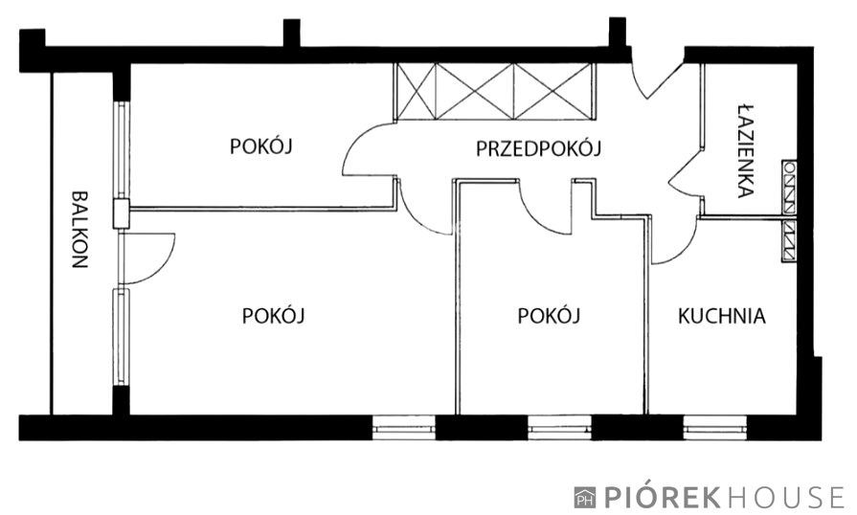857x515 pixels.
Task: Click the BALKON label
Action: point(79,231)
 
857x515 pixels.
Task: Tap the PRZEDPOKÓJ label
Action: point(537,148)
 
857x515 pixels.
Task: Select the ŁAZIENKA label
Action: point(746,150)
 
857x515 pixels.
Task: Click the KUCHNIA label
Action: point(722,316)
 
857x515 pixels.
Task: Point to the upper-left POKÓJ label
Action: point(260,146)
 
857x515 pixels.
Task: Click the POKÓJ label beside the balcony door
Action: point(274,316)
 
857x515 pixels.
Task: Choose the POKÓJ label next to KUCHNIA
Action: point(550,316)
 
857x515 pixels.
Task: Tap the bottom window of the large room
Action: point(403,427)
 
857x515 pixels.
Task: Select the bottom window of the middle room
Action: point(559,427)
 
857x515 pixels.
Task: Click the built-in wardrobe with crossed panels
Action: point(495,91)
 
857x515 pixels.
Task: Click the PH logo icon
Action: point(584,497)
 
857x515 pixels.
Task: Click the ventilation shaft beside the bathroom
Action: point(789,210)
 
